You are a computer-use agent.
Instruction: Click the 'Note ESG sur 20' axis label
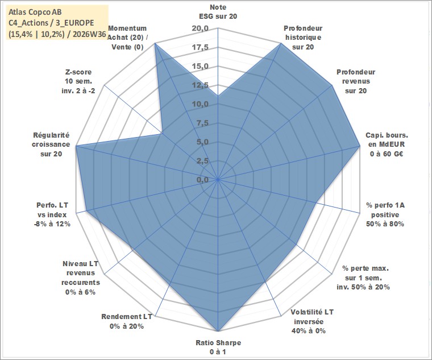click(218, 11)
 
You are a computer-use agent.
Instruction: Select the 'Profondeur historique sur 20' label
click(303, 38)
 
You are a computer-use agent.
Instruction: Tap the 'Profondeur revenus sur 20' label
click(356, 81)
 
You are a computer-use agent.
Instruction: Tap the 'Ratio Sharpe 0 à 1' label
click(218, 347)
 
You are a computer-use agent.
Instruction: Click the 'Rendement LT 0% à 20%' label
click(127, 321)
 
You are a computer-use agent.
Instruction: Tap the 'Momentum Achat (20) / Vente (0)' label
click(127, 38)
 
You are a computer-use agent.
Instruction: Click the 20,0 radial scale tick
click(200, 28)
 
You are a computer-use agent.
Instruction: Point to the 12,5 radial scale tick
click(200, 85)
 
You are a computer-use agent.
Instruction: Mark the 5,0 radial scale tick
click(202, 142)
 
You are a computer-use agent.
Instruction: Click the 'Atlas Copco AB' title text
click(35, 12)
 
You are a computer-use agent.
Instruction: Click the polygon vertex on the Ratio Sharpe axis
click(218, 331)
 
